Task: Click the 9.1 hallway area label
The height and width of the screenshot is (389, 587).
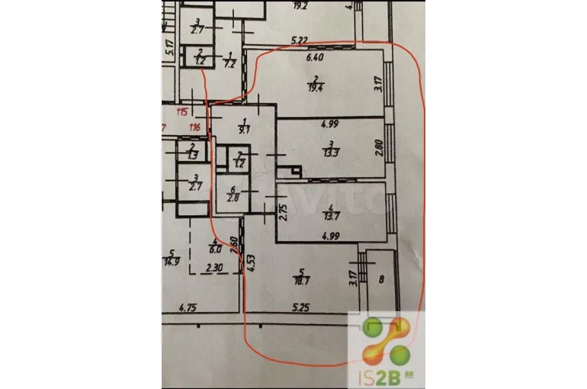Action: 243,130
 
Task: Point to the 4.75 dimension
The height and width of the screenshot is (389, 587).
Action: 188,309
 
